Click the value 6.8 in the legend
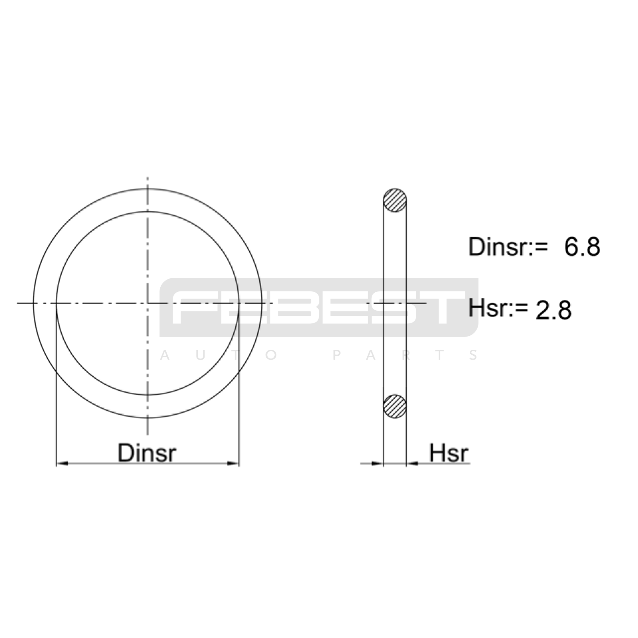pyautogui.click(x=582, y=247)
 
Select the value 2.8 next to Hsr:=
pyautogui.click(x=553, y=310)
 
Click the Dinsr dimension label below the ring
pyautogui.click(x=147, y=453)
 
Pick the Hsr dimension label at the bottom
pyautogui.click(x=449, y=453)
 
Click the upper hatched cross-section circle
pyautogui.click(x=395, y=200)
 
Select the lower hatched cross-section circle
pyautogui.click(x=395, y=406)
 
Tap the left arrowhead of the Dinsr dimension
pyautogui.click(x=62, y=463)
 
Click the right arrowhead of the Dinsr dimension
pyautogui.click(x=233, y=463)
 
